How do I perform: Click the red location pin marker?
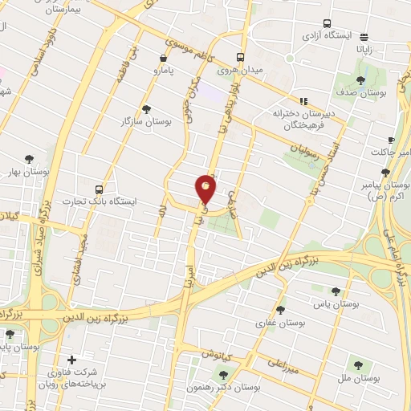[x=206, y=189]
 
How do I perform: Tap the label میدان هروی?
[x=240, y=71]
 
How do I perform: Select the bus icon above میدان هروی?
[x=240, y=57]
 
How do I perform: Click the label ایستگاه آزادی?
[x=327, y=37]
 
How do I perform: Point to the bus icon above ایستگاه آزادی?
[x=327, y=23]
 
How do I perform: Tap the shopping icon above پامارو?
[x=165, y=58]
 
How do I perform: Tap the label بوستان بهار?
[x=30, y=172]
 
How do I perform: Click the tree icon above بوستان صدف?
[x=360, y=80]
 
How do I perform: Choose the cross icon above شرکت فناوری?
[x=73, y=359]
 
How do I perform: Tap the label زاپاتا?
[x=364, y=49]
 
